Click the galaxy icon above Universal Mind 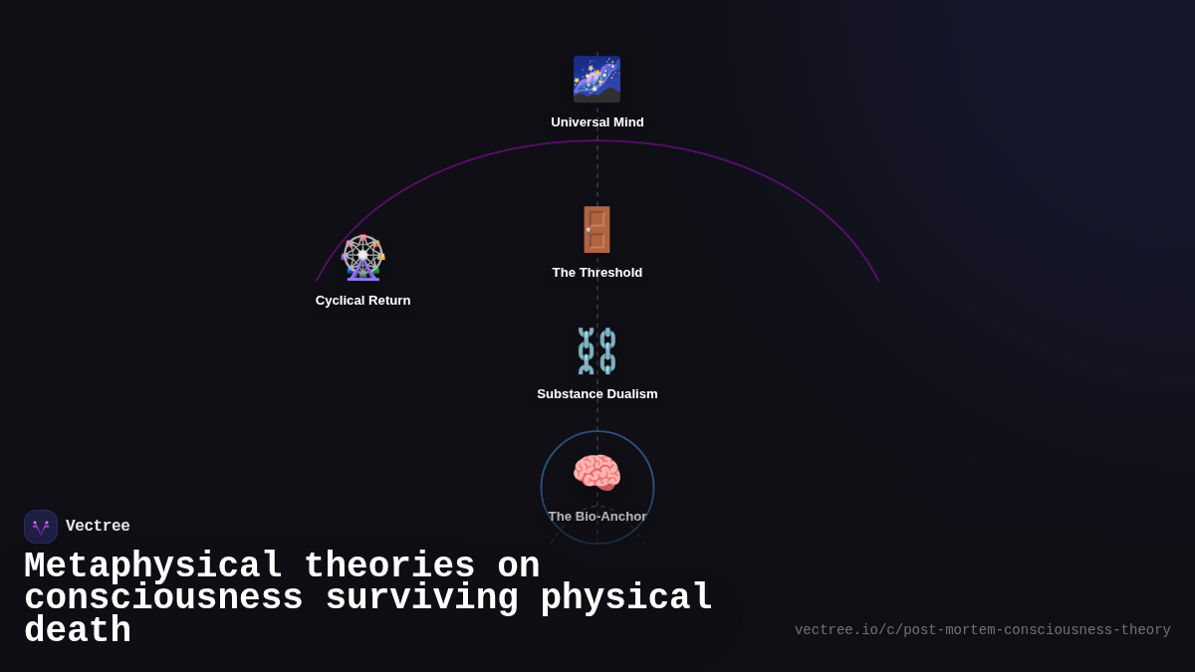(x=597, y=79)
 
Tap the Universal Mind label (x=597, y=122)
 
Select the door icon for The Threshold (x=597, y=229)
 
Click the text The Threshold (x=597, y=273)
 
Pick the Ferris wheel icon (x=362, y=257)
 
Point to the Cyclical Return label (x=362, y=301)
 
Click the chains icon (x=597, y=350)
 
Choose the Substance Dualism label (x=597, y=394)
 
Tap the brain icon (x=597, y=473)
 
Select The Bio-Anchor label (x=597, y=517)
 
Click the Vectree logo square (x=41, y=527)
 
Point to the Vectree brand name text (x=98, y=527)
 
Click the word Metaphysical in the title (x=153, y=566)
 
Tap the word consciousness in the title (x=163, y=598)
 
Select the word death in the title (x=78, y=631)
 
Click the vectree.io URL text (x=982, y=630)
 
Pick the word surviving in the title (x=422, y=598)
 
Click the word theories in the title (x=389, y=566)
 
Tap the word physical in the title (x=626, y=598)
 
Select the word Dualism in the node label (x=628, y=394)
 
